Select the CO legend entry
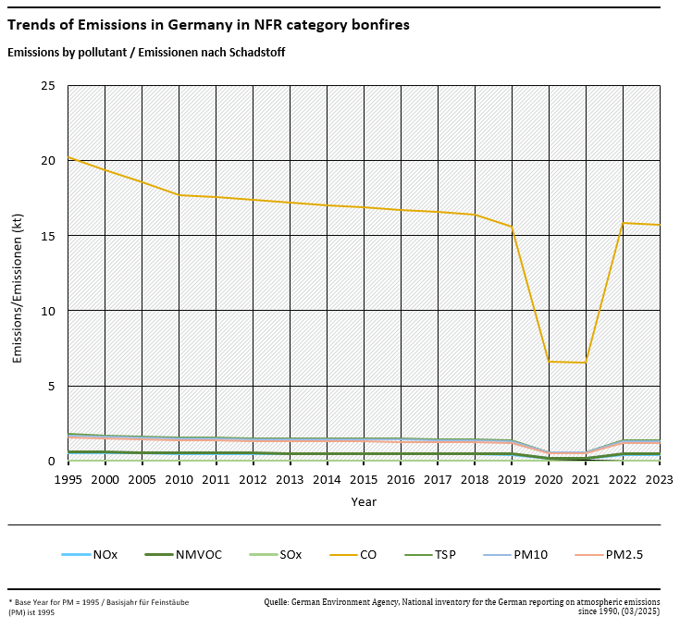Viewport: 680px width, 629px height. [x=367, y=555]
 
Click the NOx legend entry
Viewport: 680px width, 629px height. [x=105, y=555]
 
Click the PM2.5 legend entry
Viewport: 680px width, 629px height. [x=624, y=555]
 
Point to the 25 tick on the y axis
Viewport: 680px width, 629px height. [x=48, y=86]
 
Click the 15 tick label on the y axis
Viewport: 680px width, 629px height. [x=48, y=236]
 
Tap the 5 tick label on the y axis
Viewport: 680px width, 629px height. [x=52, y=386]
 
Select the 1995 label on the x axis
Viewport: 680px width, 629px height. [x=68, y=480]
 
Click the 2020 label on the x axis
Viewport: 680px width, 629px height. [x=549, y=480]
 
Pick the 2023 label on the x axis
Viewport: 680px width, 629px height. [x=660, y=480]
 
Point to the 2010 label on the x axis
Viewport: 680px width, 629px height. [x=179, y=480]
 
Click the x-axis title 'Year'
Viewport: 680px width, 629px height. [x=364, y=501]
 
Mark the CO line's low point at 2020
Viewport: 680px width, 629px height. [x=549, y=361]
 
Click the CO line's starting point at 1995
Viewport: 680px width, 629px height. [x=68, y=157]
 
